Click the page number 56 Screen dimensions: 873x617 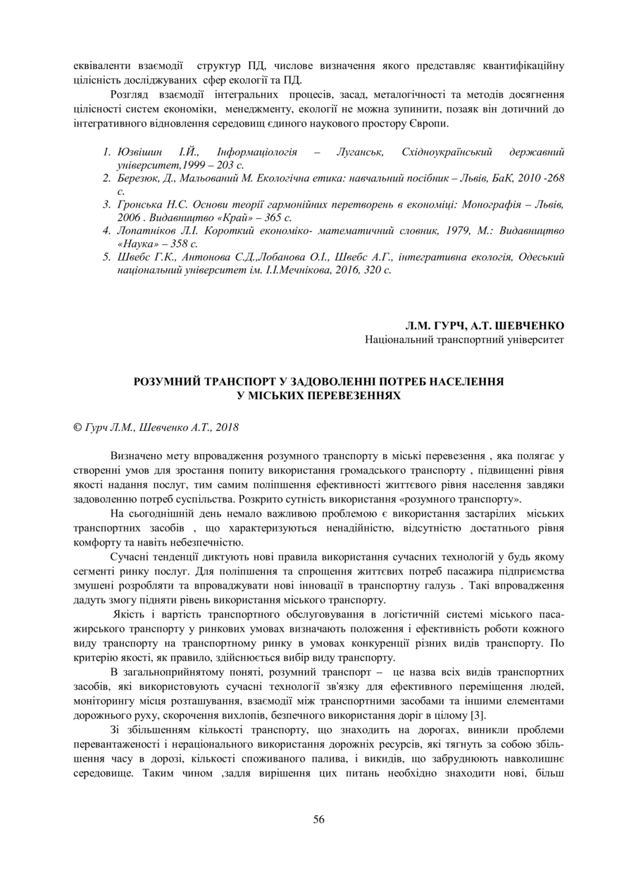coord(318,818)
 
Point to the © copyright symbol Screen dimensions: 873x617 coord(77,427)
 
